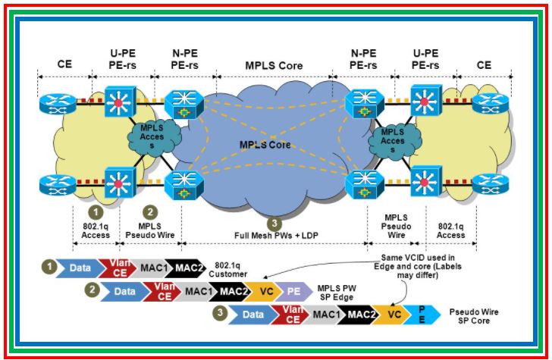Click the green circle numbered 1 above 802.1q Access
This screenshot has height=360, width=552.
click(96, 213)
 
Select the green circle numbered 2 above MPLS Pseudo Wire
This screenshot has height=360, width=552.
click(151, 213)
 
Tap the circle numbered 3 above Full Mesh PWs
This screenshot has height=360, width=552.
click(274, 224)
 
